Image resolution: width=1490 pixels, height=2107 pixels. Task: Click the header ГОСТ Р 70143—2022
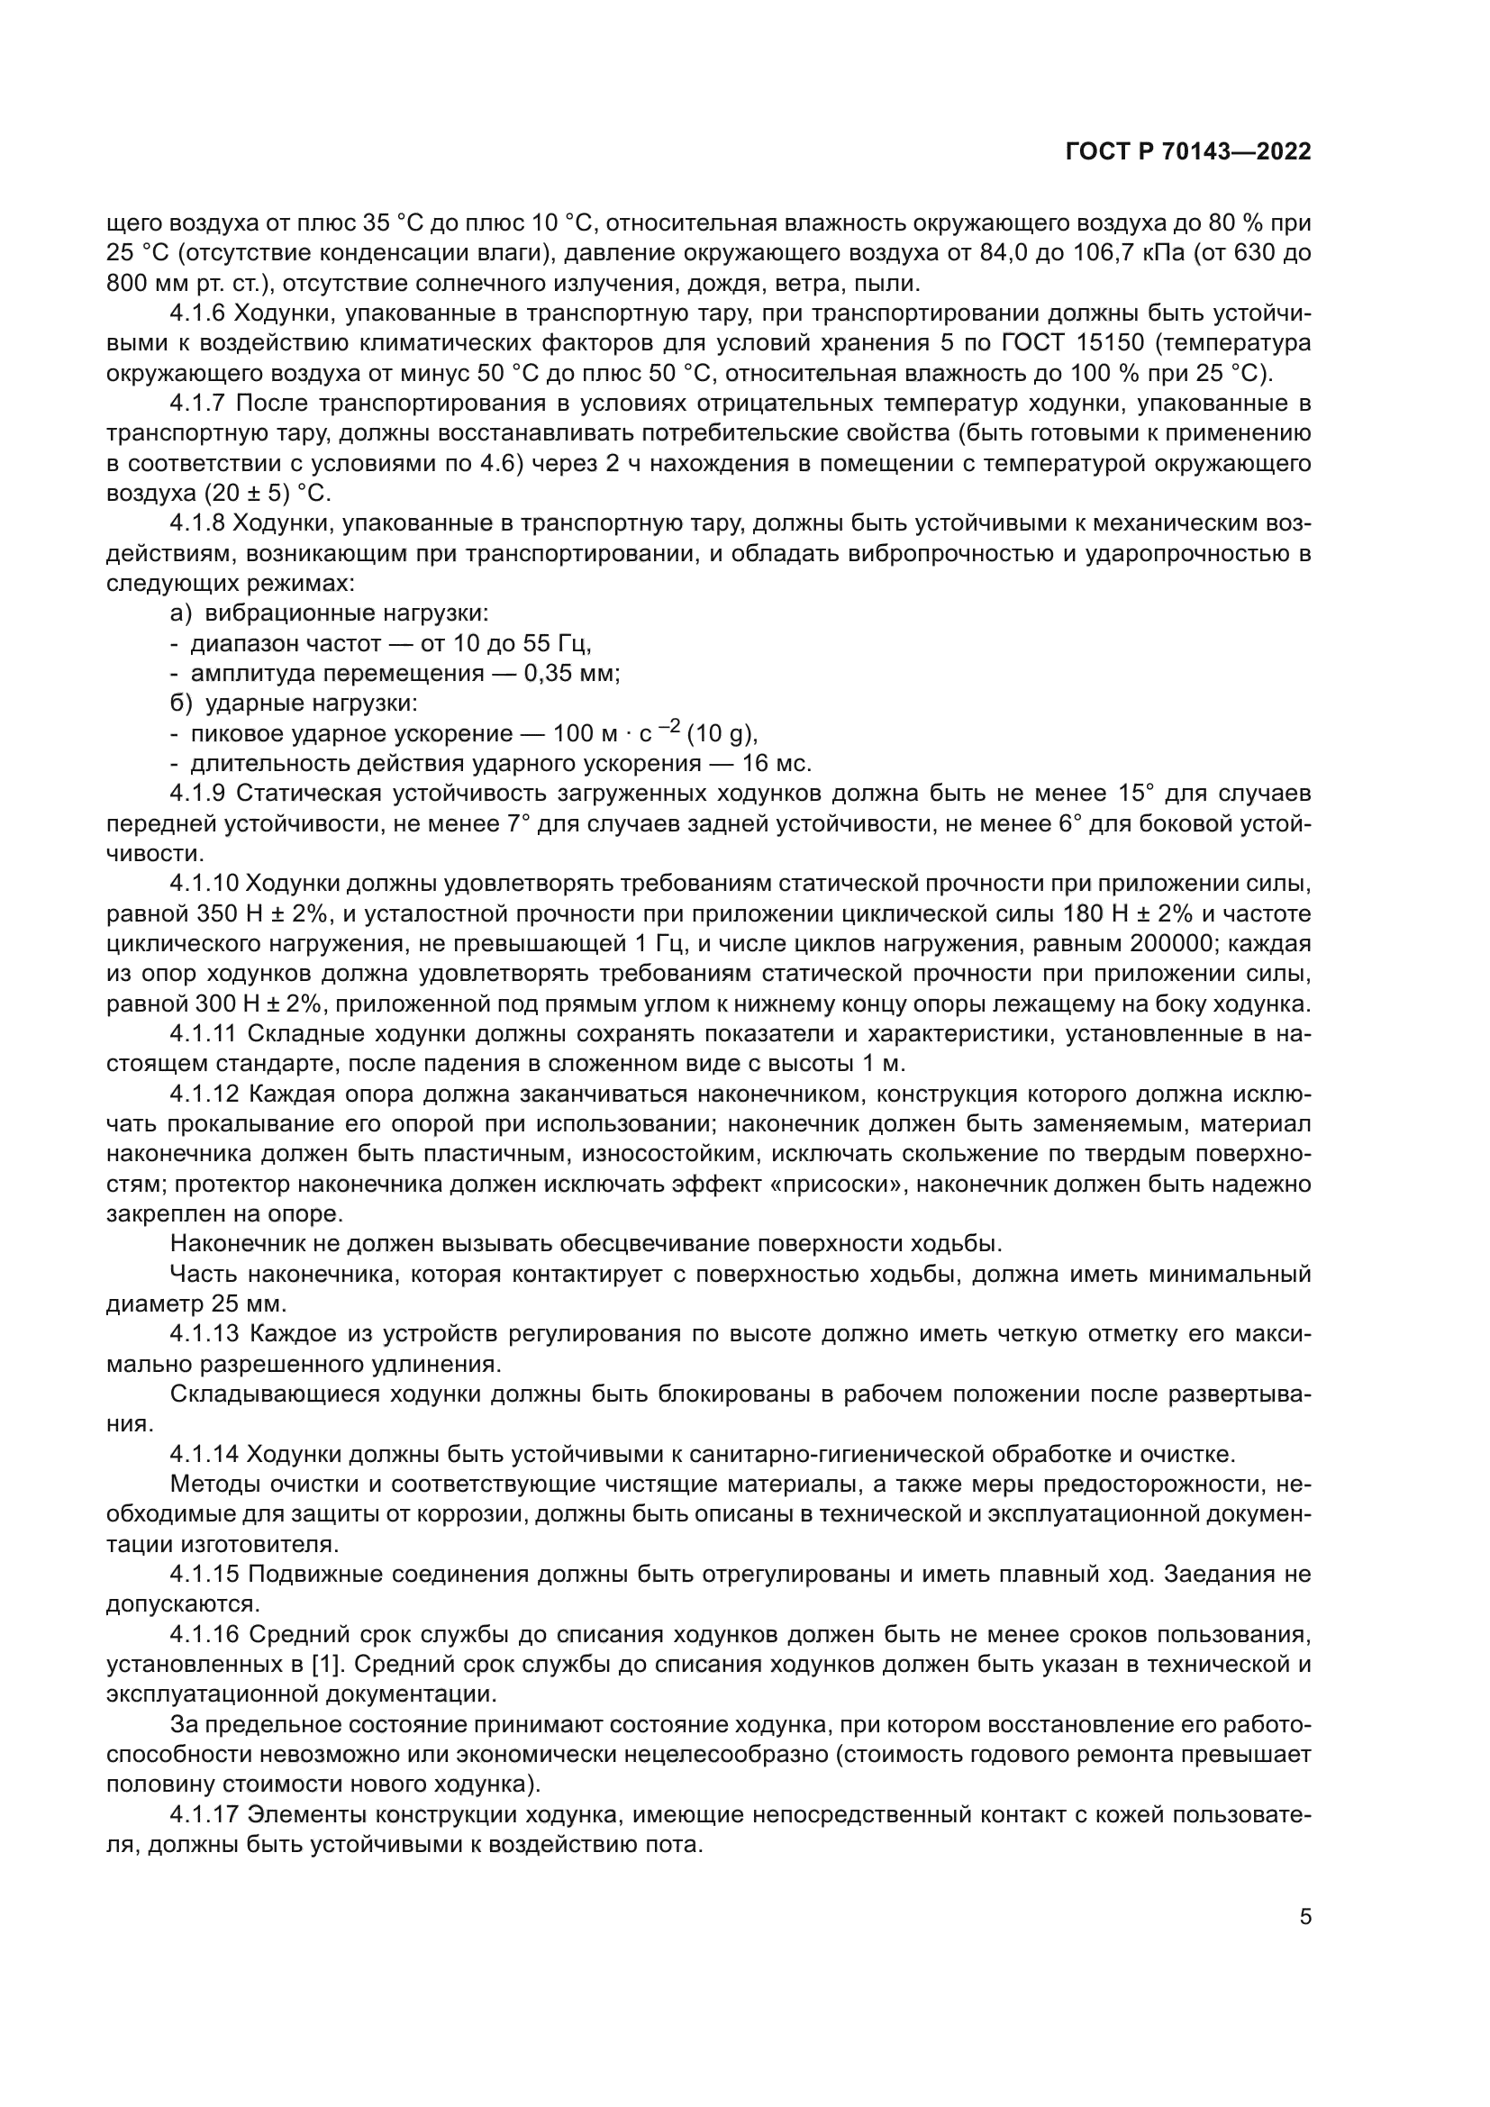click(x=1188, y=152)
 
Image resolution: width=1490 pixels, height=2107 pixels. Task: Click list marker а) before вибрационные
click(x=180, y=613)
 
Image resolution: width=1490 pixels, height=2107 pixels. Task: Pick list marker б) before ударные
click(x=180, y=703)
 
